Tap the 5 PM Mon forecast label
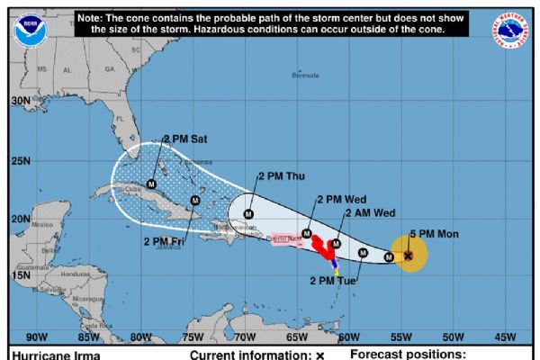tap(435, 234)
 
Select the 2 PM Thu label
tap(282, 176)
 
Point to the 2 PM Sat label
tap(184, 139)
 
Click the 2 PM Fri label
tap(165, 240)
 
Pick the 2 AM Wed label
tap(369, 213)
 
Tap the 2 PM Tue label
tap(334, 281)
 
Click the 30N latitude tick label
tap(20, 103)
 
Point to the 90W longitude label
tap(37, 337)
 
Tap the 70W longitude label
tap(244, 337)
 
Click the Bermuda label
tap(306, 76)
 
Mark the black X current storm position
tap(408, 256)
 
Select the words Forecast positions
tap(408, 355)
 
